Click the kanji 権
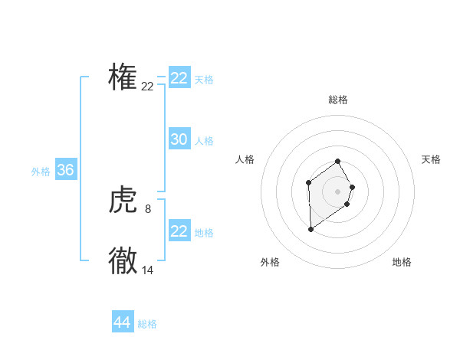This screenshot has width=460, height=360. click(x=123, y=77)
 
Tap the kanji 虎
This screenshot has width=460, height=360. click(x=123, y=201)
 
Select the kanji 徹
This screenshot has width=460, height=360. click(x=123, y=261)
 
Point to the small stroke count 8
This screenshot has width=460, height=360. click(x=148, y=208)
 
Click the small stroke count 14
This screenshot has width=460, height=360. click(x=148, y=270)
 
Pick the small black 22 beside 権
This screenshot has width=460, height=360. click(x=148, y=87)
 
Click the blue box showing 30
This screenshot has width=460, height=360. click(x=179, y=139)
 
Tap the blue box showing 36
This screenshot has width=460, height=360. click(x=66, y=170)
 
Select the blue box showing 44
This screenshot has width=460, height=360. click(x=123, y=322)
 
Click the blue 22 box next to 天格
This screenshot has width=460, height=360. click(x=179, y=78)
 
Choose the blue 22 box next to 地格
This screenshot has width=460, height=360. click(x=179, y=231)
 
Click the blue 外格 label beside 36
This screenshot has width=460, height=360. click(x=41, y=172)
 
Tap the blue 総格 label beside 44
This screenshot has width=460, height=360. click(x=147, y=324)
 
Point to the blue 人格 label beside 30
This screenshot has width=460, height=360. click(x=204, y=141)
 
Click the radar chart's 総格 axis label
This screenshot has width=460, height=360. click(x=338, y=100)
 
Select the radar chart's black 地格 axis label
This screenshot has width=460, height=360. click(x=402, y=262)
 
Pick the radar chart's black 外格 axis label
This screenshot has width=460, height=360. click(x=270, y=262)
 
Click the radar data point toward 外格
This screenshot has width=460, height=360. click(x=310, y=229)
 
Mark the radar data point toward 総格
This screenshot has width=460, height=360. click(x=338, y=162)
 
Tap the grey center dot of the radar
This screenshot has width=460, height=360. click(x=338, y=191)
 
